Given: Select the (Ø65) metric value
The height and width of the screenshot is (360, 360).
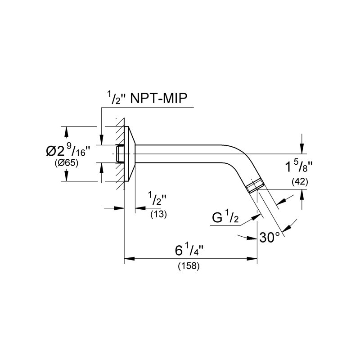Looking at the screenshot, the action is pyautogui.click(x=67, y=163).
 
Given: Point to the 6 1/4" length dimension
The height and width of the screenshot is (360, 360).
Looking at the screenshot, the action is pyautogui.click(x=189, y=250).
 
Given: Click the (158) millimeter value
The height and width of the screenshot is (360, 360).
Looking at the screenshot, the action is pyautogui.click(x=189, y=266).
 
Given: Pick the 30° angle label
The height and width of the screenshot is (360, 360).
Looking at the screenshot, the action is pyautogui.click(x=270, y=238).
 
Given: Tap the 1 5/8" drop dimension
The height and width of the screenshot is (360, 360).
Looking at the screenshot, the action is pyautogui.click(x=299, y=166).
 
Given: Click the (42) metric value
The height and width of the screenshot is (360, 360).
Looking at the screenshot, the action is pyautogui.click(x=300, y=182).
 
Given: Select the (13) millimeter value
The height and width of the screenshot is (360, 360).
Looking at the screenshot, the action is pyautogui.click(x=159, y=214).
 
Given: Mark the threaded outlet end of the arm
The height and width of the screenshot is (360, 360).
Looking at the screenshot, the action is pyautogui.click(x=254, y=185).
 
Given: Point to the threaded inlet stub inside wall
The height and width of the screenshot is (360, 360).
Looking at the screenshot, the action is pyautogui.click(x=120, y=153).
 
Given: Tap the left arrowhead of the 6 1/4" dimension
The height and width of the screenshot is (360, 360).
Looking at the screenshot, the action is pyautogui.click(x=129, y=259).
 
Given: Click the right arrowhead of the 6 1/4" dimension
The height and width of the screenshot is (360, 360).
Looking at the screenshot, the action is pyautogui.click(x=252, y=259).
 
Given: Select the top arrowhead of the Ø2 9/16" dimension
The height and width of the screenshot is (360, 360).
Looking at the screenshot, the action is pyautogui.click(x=66, y=131).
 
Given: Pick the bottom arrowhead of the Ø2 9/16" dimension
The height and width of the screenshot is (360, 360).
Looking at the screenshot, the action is pyautogui.click(x=66, y=176).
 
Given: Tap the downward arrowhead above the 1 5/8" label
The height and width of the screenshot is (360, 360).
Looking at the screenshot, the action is pyautogui.click(x=302, y=148).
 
